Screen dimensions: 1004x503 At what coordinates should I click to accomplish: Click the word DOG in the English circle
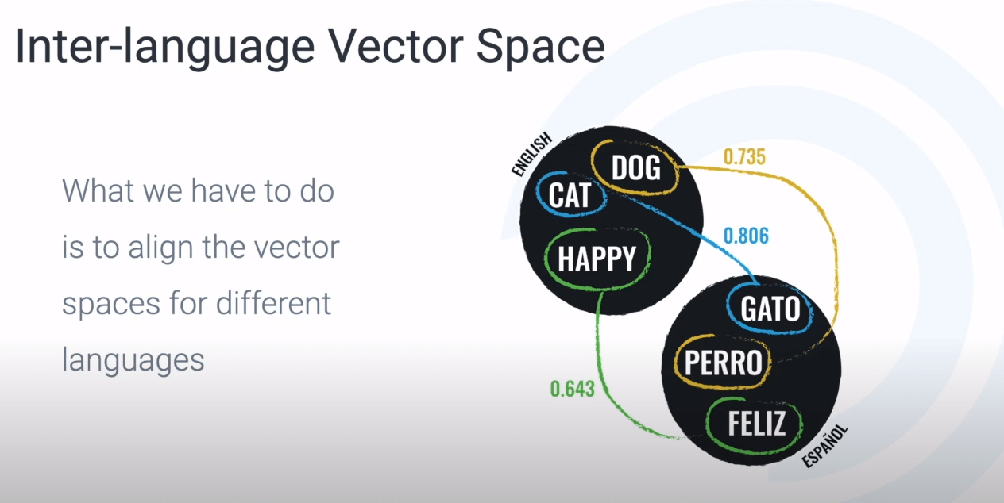(636, 168)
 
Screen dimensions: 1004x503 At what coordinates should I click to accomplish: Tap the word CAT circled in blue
(570, 195)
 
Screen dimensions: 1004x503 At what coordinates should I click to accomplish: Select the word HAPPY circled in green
(597, 259)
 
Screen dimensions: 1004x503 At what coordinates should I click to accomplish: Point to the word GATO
(770, 309)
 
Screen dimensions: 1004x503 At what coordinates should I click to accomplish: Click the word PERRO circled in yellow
(724, 363)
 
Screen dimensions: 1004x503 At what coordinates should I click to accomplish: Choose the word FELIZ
(757, 424)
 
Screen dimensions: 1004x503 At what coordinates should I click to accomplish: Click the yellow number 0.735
(744, 156)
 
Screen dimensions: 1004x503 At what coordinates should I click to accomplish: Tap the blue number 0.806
(747, 236)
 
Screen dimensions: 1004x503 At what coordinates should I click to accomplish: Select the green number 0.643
(573, 389)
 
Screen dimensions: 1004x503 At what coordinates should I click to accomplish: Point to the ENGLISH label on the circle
(531, 154)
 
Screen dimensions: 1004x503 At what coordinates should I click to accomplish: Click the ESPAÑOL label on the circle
(824, 446)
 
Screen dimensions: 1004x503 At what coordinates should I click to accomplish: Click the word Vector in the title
(396, 47)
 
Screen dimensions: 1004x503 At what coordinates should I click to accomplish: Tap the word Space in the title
(541, 48)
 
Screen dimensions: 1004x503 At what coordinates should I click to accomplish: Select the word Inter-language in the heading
(165, 48)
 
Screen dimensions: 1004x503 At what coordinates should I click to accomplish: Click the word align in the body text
(160, 248)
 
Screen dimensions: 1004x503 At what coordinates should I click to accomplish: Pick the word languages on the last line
(133, 360)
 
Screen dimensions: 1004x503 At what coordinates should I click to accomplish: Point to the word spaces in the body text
(110, 305)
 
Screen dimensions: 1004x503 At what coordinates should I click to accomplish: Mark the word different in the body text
(273, 303)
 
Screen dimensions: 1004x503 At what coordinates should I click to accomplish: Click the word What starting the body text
(98, 190)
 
